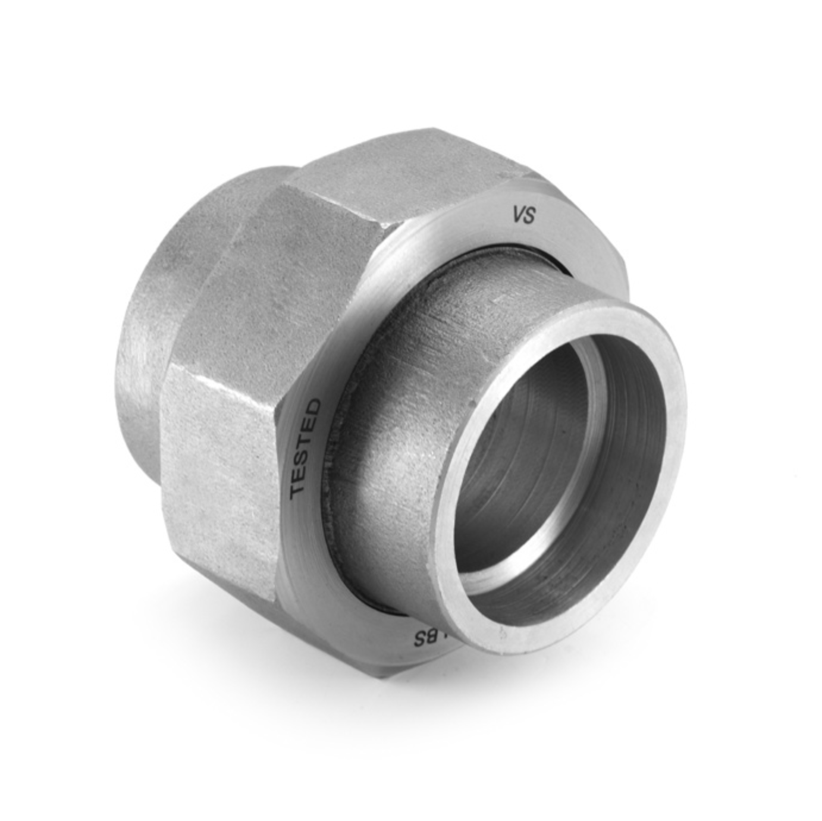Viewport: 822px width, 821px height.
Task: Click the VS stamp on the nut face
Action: pyautogui.click(x=524, y=215)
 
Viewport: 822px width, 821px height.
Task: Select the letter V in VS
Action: pyautogui.click(x=518, y=215)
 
